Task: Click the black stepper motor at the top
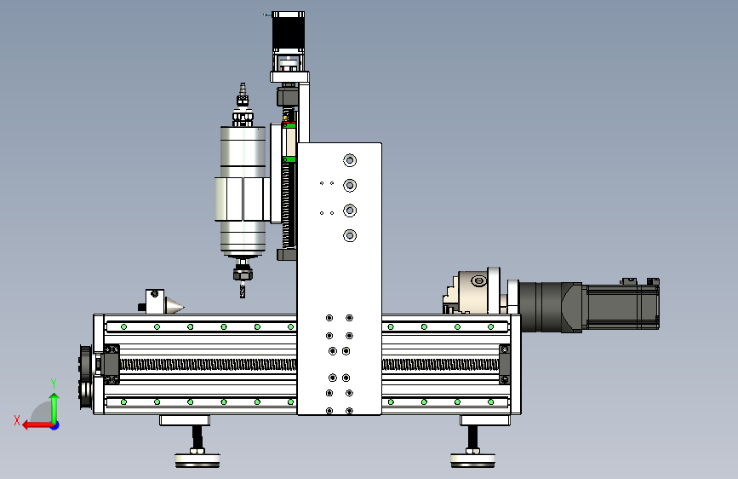288,32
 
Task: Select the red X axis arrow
38,425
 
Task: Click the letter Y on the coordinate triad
54,384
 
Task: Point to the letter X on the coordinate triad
17,420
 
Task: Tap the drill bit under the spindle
243,290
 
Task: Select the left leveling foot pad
197,459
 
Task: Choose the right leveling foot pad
472,459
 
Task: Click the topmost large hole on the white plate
350,160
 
